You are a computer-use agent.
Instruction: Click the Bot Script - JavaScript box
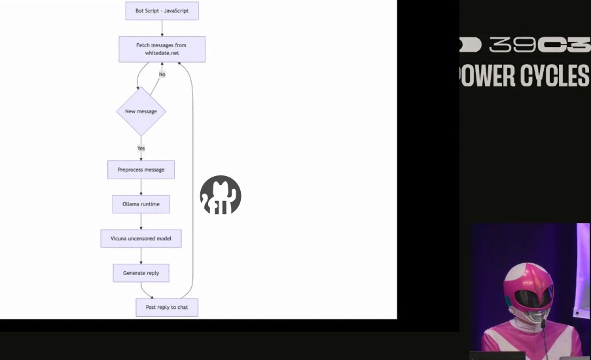click(162, 11)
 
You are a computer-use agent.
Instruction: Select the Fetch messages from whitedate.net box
click(162, 49)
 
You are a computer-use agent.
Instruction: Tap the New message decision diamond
click(141, 111)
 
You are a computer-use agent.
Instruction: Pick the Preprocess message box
click(141, 170)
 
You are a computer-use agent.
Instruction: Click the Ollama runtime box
click(141, 204)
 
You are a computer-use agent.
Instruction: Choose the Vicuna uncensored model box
click(141, 238)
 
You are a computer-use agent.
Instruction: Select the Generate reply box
click(141, 273)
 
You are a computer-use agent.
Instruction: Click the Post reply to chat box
click(167, 307)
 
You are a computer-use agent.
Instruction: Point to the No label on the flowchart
click(162, 74)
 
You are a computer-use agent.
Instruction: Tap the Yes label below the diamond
click(141, 149)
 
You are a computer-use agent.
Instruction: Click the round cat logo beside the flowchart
click(221, 195)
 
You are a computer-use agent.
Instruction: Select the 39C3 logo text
click(537, 45)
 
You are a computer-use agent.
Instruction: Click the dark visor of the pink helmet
click(531, 298)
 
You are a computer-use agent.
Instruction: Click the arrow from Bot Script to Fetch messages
click(162, 27)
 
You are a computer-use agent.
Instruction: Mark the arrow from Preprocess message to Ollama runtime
click(141, 187)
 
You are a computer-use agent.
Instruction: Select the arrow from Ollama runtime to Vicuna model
click(141, 221)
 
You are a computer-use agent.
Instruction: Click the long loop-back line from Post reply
click(193, 183)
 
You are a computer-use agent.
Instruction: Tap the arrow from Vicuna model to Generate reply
click(141, 256)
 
